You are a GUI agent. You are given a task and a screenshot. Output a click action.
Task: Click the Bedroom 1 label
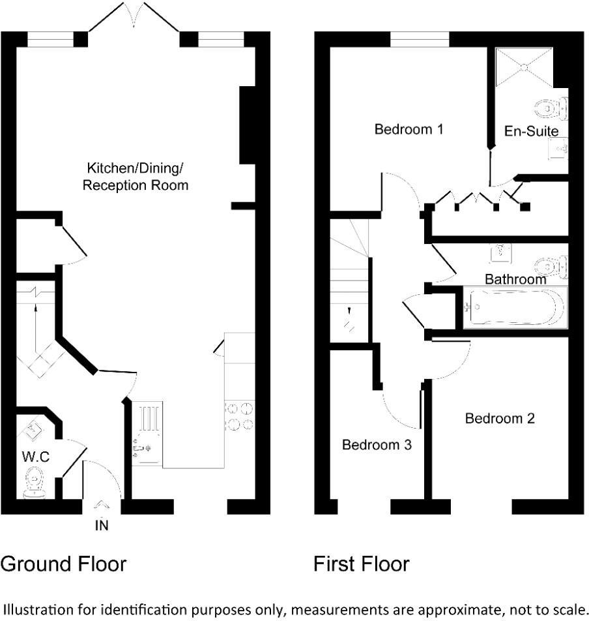point(409,129)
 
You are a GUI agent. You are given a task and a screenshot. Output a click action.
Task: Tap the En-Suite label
point(532,132)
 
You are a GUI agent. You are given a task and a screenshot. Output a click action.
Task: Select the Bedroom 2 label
point(500,418)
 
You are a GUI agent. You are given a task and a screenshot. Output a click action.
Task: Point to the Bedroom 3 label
point(377,446)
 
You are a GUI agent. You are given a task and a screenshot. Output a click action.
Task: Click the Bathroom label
point(515,279)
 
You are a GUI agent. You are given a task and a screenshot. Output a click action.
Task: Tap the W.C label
point(36,457)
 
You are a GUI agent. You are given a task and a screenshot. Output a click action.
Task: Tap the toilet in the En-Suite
point(553,106)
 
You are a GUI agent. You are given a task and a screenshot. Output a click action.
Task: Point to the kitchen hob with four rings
point(238,417)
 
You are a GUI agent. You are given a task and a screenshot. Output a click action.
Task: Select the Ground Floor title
point(63,564)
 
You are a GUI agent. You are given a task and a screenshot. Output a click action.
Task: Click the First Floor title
point(361,564)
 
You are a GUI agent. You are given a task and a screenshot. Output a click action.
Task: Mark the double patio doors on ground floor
point(134,18)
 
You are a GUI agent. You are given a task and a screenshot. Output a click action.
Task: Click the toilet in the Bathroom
point(553,266)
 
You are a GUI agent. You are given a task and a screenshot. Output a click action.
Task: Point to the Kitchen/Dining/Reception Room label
point(136,177)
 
